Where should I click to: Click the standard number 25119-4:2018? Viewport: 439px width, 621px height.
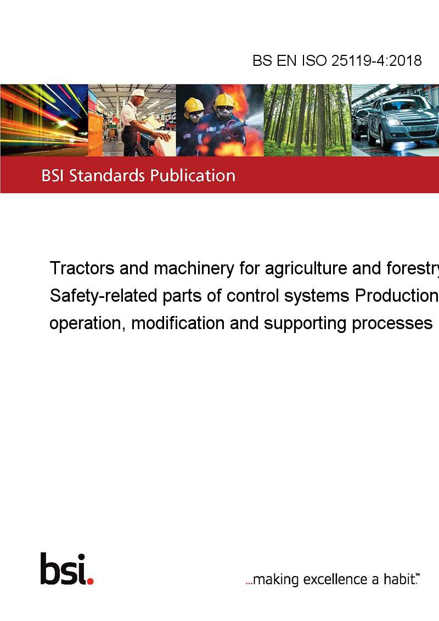(376, 60)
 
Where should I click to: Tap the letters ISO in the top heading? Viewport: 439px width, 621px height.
(314, 60)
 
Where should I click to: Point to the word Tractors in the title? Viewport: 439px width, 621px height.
(82, 268)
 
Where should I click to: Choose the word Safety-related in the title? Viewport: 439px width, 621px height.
(103, 296)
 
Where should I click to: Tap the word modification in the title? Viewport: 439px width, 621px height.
(178, 323)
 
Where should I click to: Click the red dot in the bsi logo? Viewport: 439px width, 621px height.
(90, 581)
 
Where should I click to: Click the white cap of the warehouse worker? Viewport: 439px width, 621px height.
(139, 93)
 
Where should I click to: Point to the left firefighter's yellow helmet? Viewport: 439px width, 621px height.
(194, 105)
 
